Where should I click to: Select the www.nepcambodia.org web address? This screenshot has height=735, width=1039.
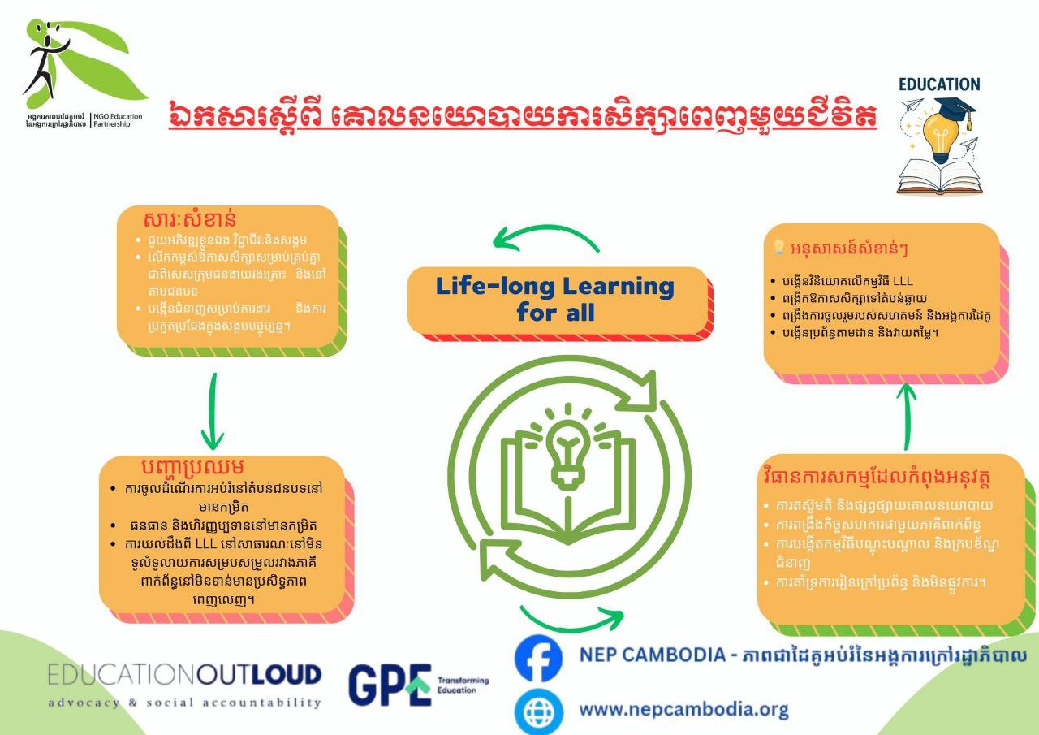(683, 710)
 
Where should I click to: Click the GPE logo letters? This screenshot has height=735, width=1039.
(390, 684)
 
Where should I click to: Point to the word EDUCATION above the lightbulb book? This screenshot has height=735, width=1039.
(939, 84)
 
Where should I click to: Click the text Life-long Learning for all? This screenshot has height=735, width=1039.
(555, 298)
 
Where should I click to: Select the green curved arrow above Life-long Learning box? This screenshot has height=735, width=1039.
(545, 236)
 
